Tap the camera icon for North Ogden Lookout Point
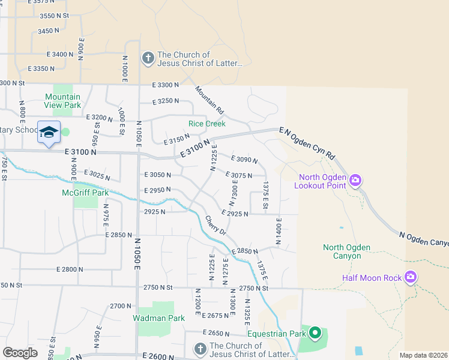tap(355, 180)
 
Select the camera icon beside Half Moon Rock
tap(411, 277)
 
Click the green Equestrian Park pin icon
tap(315, 333)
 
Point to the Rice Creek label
tap(206, 124)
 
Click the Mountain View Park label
tap(62, 101)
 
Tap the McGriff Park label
tap(85, 193)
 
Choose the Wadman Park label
tap(158, 318)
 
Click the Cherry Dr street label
tap(214, 225)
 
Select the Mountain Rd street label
tap(209, 100)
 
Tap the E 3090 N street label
tap(243, 160)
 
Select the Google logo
tap(20, 353)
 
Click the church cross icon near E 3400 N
tap(148, 58)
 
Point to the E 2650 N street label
tap(218, 333)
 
